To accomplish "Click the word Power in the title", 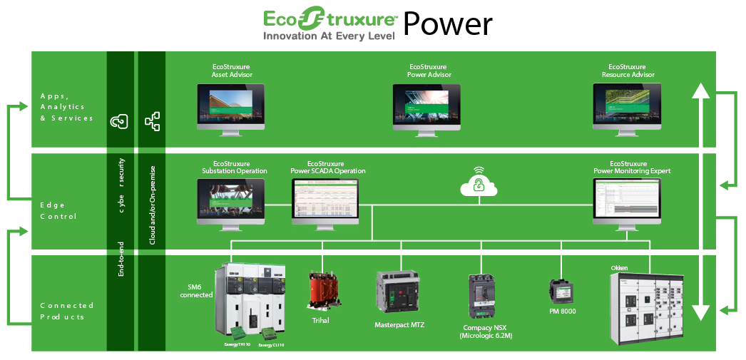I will pyautogui.click(x=448, y=24).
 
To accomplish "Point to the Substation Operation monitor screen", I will pyautogui.click(x=230, y=199).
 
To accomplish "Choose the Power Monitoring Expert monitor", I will pyautogui.click(x=627, y=200).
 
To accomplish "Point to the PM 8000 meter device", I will pyautogui.click(x=560, y=291).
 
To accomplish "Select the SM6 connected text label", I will pyautogui.click(x=195, y=290).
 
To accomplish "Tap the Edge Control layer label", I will pyautogui.click(x=58, y=210).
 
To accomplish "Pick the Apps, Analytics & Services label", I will pyautogui.click(x=67, y=106).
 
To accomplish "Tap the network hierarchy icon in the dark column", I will pyautogui.click(x=152, y=121).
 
